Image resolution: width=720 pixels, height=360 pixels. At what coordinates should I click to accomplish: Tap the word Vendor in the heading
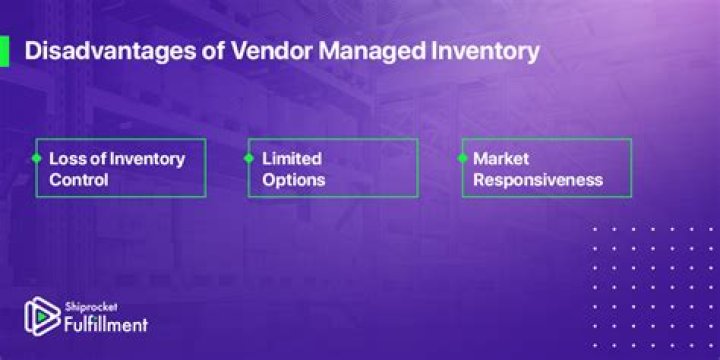[243, 52]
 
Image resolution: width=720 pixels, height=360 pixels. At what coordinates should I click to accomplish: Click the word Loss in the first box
[65, 159]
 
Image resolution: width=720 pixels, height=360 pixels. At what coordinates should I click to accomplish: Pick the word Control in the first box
[78, 180]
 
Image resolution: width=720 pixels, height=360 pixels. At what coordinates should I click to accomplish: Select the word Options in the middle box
[294, 180]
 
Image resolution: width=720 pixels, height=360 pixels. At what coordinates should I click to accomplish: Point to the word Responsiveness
[537, 180]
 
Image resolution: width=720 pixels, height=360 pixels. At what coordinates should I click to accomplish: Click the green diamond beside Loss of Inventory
[36, 159]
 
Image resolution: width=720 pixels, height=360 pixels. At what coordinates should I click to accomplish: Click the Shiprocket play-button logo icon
[40, 316]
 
